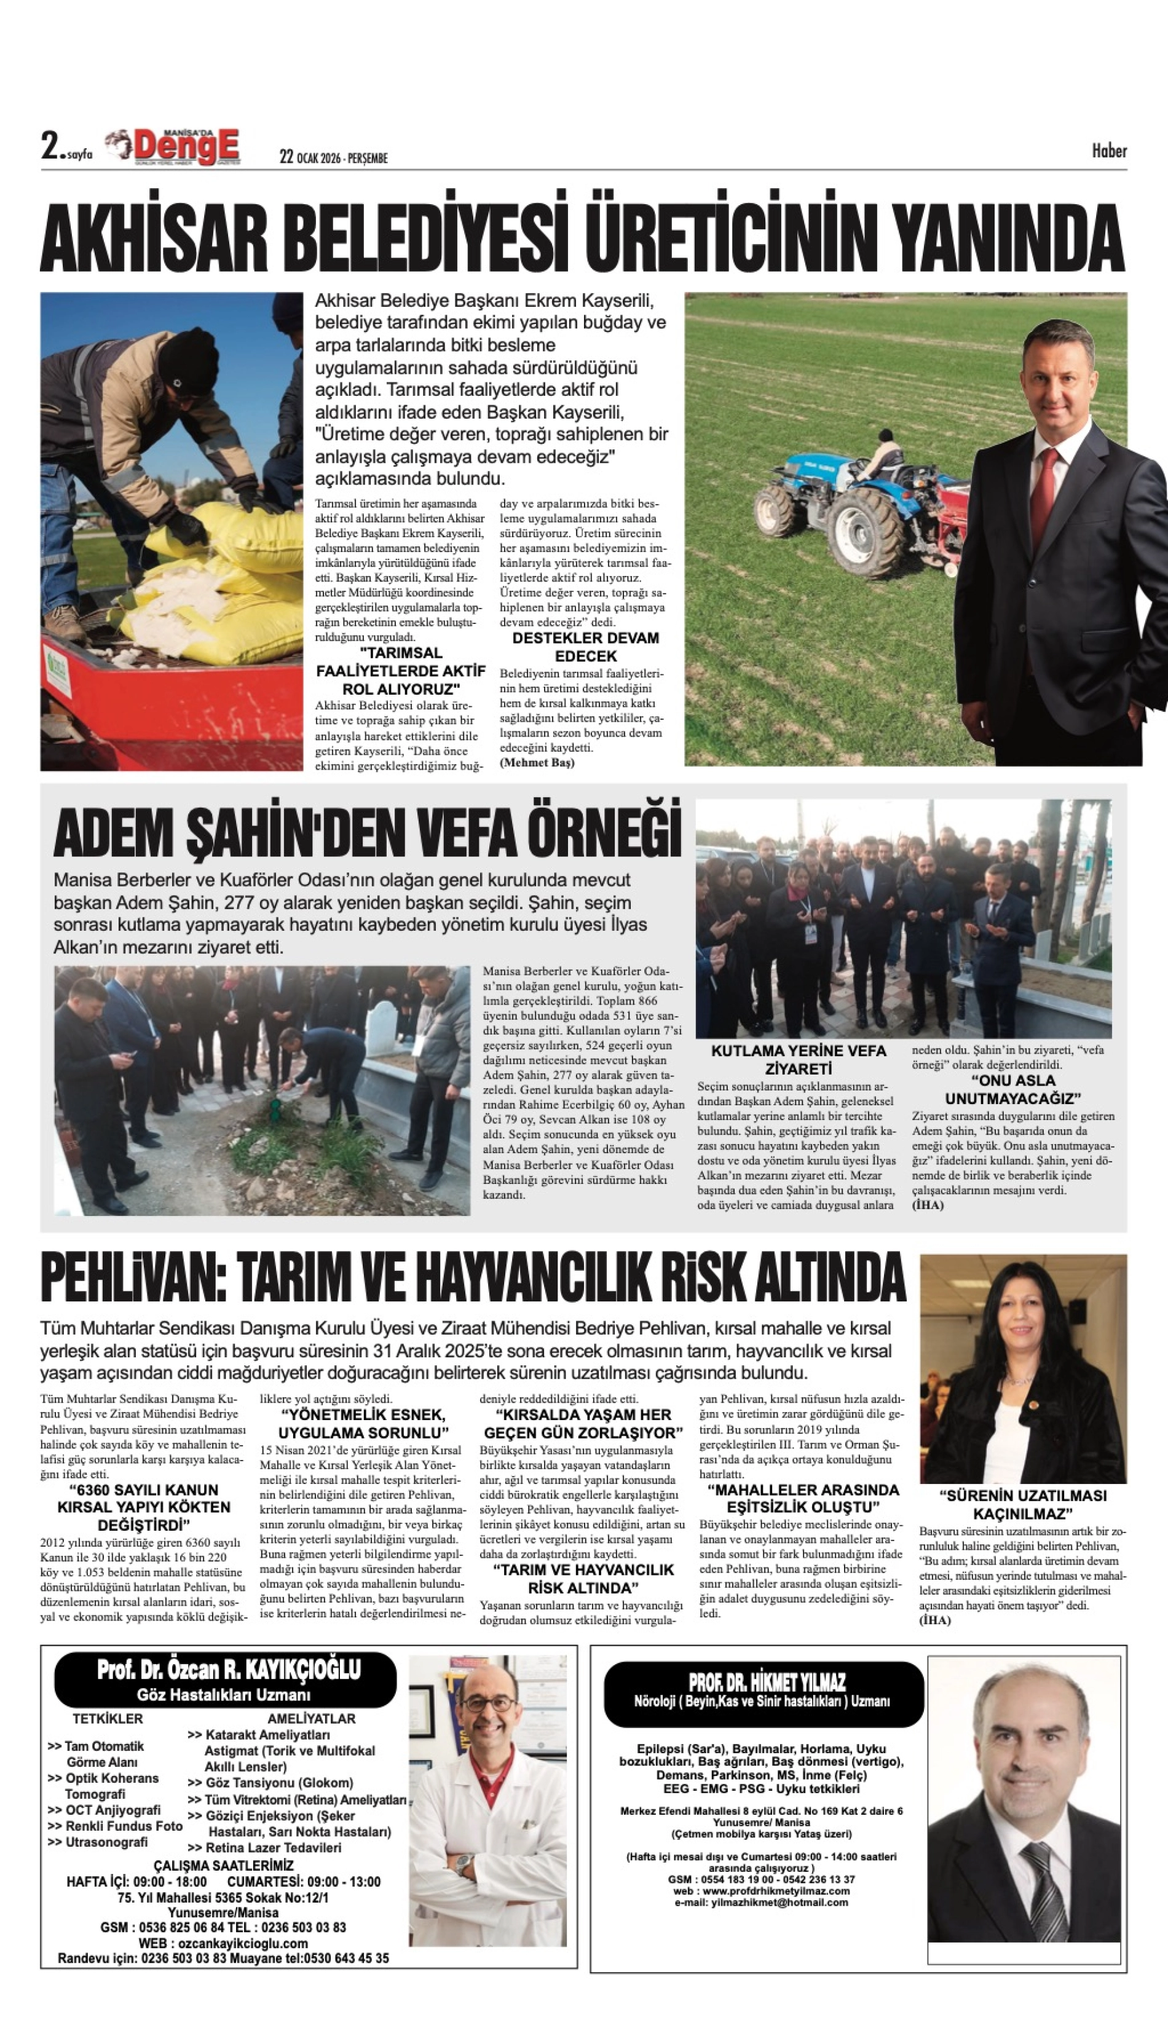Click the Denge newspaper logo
186,148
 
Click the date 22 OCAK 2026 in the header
333,157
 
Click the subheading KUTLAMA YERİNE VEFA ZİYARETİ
798,1059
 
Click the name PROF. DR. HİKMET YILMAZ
766,1682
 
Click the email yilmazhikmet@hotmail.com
760,1902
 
